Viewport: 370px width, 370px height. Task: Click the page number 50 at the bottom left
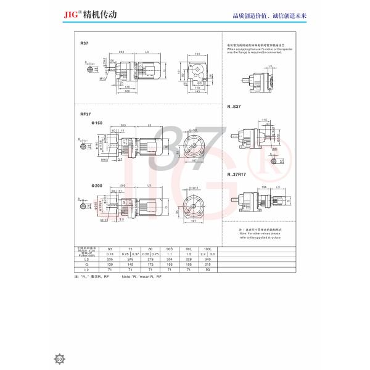[60, 357]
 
